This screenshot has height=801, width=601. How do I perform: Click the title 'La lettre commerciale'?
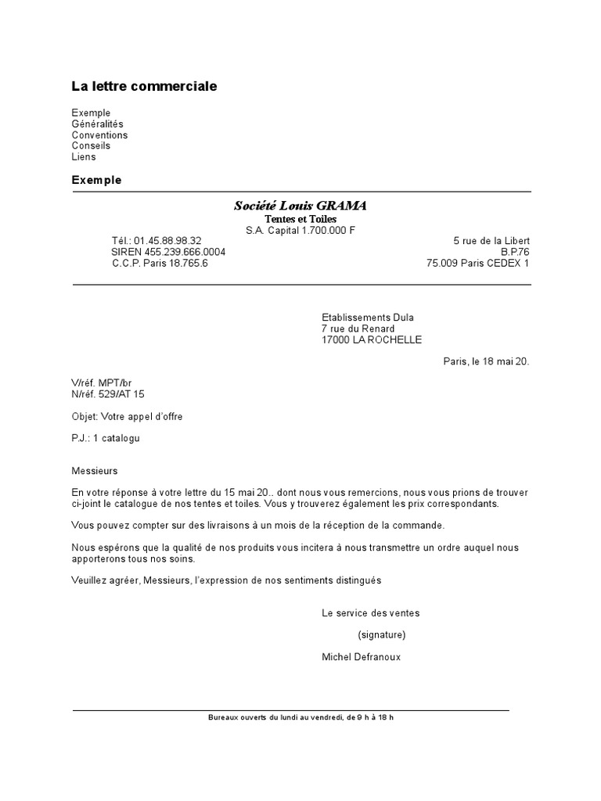144,86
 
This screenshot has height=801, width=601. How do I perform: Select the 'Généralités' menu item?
97,124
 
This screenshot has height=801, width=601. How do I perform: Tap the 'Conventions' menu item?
99,135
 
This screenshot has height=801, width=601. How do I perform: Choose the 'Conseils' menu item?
91,145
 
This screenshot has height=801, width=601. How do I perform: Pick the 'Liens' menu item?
84,156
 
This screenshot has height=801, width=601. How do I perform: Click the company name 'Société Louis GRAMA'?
300,206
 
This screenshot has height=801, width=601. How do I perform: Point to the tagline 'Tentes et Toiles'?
300,219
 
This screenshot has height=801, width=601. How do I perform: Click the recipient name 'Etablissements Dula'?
368,318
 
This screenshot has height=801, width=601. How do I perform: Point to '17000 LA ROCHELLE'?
372,339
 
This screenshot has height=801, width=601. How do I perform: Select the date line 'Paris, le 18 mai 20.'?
486,361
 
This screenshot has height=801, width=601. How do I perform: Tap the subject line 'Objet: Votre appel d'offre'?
127,416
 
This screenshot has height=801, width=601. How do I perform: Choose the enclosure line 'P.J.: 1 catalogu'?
106,438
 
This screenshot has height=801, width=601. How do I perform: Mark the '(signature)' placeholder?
382,634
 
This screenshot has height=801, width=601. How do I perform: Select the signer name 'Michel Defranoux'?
361,657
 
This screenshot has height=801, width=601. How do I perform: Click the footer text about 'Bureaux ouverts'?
300,717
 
